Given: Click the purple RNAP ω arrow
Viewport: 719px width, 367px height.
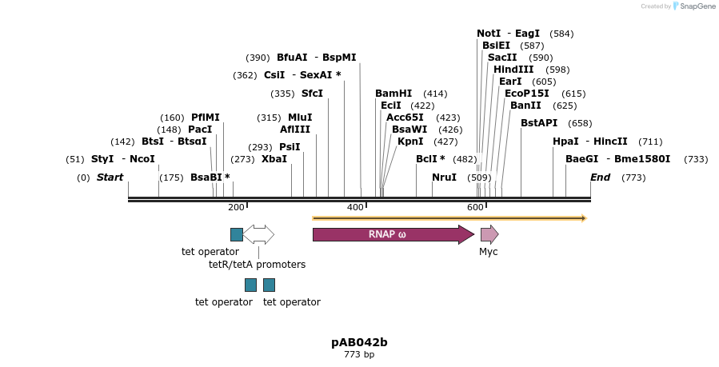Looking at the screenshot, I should [x=392, y=234].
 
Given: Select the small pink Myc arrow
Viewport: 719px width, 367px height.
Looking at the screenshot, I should [x=489, y=234].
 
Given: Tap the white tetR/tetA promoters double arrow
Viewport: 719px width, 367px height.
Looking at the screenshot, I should [x=258, y=234].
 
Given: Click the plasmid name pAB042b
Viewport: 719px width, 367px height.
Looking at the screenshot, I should [x=359, y=342].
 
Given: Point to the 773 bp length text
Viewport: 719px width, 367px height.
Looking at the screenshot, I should [x=359, y=354].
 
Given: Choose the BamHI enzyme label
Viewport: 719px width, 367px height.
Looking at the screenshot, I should [x=393, y=94].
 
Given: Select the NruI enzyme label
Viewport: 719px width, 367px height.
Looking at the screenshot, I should [x=444, y=177].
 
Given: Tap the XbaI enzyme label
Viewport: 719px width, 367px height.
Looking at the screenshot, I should [x=274, y=159].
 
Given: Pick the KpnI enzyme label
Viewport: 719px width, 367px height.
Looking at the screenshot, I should [x=410, y=142].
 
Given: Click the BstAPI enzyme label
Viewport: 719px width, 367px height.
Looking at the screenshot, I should [x=539, y=123].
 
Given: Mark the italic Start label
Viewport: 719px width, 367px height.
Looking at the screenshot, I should [x=110, y=177].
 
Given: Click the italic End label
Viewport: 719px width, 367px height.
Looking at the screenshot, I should [x=600, y=177].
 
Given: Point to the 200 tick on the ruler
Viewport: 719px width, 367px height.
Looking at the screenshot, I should [x=236, y=208].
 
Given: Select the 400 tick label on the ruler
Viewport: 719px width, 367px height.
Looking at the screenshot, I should [x=355, y=208].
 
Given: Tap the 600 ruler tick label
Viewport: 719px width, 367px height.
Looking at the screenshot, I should [x=475, y=208].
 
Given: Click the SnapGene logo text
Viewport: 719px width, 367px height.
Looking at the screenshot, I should [x=695, y=6].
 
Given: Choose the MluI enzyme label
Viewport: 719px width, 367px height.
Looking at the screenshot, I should [x=300, y=118].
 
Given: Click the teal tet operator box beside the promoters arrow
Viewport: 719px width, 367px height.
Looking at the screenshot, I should [x=237, y=234].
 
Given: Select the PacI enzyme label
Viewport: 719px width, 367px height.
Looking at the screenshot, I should [x=200, y=130].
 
